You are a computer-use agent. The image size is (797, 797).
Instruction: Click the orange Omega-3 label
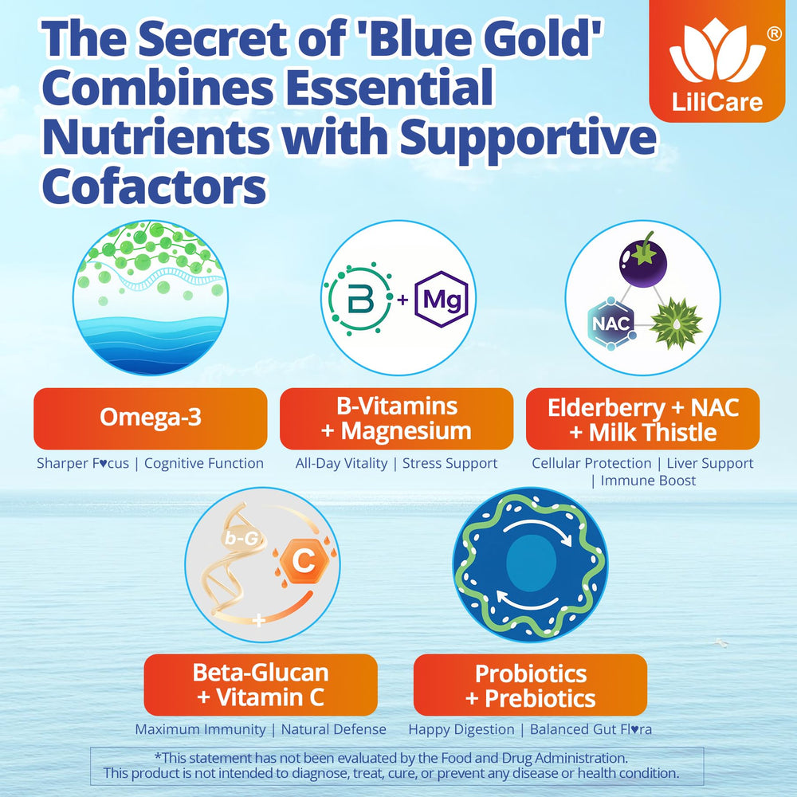tap(150, 418)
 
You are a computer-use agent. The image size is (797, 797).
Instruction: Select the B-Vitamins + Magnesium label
tap(396, 418)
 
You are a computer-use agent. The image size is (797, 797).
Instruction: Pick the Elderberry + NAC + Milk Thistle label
tap(642, 420)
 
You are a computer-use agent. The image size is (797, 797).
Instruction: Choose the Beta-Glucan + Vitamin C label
tap(261, 685)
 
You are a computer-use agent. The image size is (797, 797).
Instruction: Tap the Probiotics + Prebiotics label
tap(530, 685)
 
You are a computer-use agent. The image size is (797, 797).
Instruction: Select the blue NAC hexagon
tap(611, 324)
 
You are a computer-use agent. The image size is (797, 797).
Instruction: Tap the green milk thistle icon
tap(676, 324)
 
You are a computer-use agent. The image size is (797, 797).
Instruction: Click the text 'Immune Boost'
tap(648, 481)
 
